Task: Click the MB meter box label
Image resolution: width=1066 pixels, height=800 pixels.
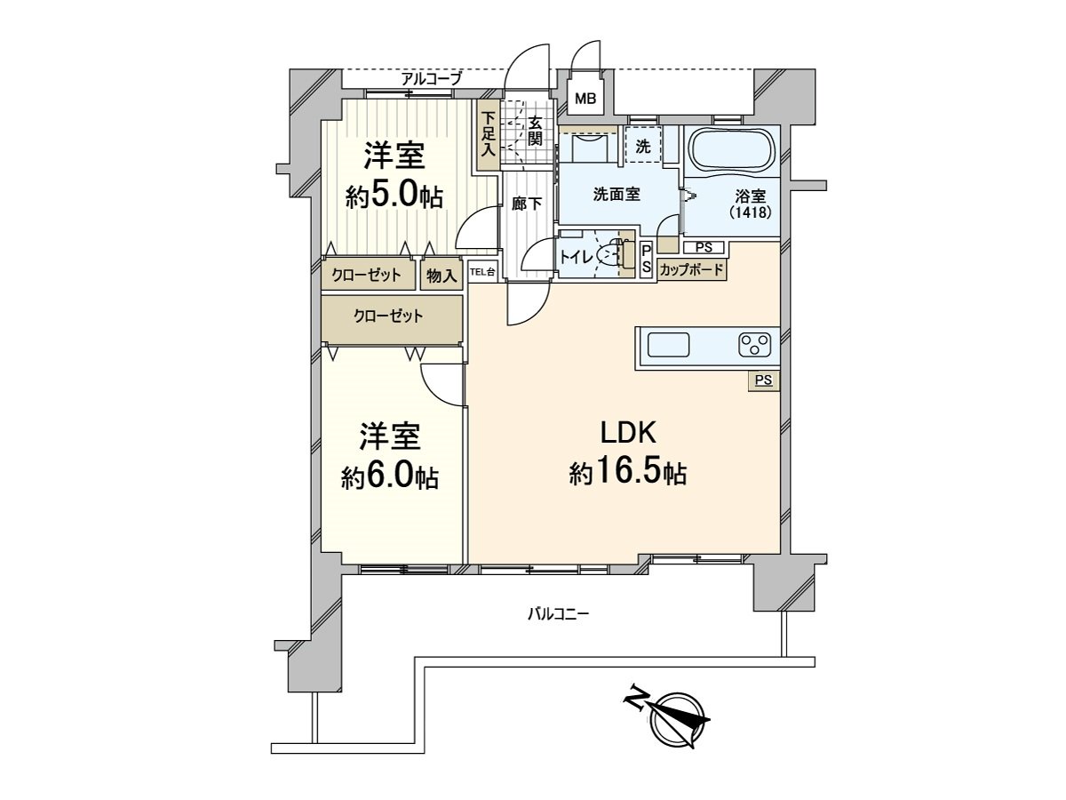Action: [x=585, y=99]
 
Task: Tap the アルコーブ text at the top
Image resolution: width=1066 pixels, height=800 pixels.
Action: [x=431, y=79]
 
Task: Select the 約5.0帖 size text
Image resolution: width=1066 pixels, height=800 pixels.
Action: [x=394, y=196]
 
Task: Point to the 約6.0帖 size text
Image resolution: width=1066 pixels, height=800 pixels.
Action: [x=390, y=477]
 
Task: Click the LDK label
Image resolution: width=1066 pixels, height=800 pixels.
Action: [x=627, y=433]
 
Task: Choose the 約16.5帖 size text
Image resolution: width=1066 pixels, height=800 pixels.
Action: [x=627, y=473]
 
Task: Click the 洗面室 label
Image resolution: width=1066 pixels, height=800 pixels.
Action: [x=617, y=195]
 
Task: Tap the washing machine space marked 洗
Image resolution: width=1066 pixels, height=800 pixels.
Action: [x=642, y=144]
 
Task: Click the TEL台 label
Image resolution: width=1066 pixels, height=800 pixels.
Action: [x=481, y=272]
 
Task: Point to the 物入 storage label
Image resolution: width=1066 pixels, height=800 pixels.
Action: [x=441, y=276]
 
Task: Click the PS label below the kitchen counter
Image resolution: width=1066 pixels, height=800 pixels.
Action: [x=762, y=380]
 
